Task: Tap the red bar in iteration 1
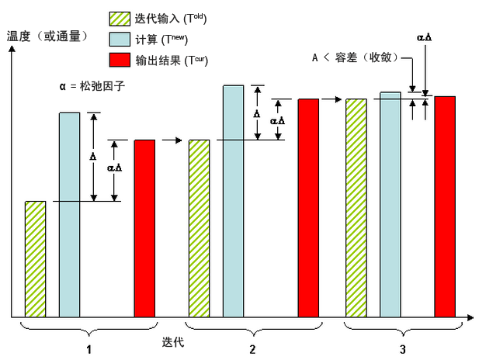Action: (x=144, y=228)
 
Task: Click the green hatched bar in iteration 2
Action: (x=199, y=228)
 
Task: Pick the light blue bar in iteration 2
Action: (x=234, y=201)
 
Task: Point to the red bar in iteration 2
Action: (x=308, y=208)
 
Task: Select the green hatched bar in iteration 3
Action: (x=356, y=208)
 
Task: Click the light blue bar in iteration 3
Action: (x=390, y=205)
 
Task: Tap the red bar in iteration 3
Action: (x=444, y=206)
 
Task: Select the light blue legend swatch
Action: (x=119, y=39)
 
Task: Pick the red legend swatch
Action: (x=119, y=59)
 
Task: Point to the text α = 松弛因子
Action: (x=92, y=86)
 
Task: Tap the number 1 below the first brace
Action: (x=89, y=349)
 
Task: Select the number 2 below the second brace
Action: (x=253, y=349)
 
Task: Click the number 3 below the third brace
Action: (x=401, y=349)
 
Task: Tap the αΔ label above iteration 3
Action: (x=424, y=36)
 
